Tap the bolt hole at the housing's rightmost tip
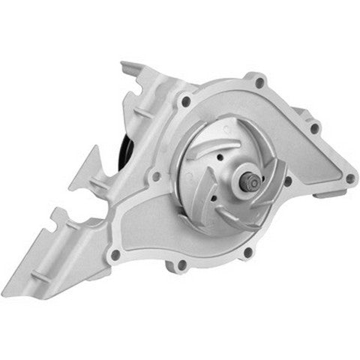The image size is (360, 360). point(349,178)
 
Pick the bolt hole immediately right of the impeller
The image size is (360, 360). point(286,181)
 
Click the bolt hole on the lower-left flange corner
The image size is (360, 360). point(114,255)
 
